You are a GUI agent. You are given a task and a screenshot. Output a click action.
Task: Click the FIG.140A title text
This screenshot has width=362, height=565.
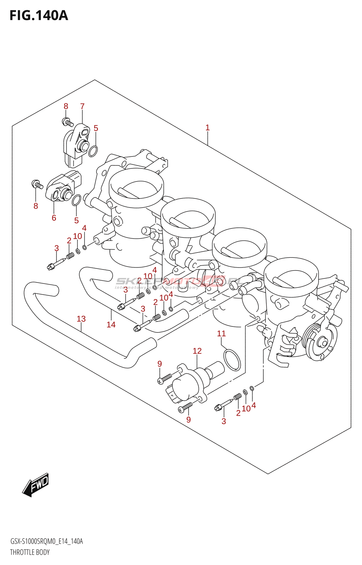point(39,16)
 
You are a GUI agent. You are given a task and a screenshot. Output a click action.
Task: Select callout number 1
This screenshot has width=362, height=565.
point(208,127)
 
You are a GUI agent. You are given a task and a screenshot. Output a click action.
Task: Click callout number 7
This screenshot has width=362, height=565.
point(82,106)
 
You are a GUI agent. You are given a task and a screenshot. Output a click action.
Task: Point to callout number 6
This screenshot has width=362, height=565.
point(54,218)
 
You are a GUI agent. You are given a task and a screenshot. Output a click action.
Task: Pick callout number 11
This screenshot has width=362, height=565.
point(221,333)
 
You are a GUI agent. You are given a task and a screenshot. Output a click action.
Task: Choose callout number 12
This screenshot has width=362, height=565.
point(197,351)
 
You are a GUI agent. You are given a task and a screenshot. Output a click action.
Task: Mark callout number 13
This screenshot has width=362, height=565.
point(81,319)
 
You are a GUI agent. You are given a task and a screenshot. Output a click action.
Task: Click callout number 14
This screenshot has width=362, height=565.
point(111,325)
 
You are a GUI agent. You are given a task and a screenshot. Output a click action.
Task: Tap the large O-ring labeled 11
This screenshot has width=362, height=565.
point(232,360)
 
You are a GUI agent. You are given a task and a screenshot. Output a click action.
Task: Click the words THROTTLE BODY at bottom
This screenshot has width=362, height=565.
point(30,552)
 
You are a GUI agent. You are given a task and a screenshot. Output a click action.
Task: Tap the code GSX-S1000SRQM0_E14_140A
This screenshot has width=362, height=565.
point(46,541)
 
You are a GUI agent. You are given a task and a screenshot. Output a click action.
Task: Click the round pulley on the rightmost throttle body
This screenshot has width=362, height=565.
point(320,342)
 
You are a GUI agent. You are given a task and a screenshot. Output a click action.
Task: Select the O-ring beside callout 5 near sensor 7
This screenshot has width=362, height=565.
point(93,151)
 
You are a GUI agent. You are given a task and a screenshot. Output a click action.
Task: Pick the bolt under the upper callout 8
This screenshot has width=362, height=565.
point(68,122)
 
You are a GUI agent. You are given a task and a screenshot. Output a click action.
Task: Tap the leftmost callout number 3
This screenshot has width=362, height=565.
point(57,248)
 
